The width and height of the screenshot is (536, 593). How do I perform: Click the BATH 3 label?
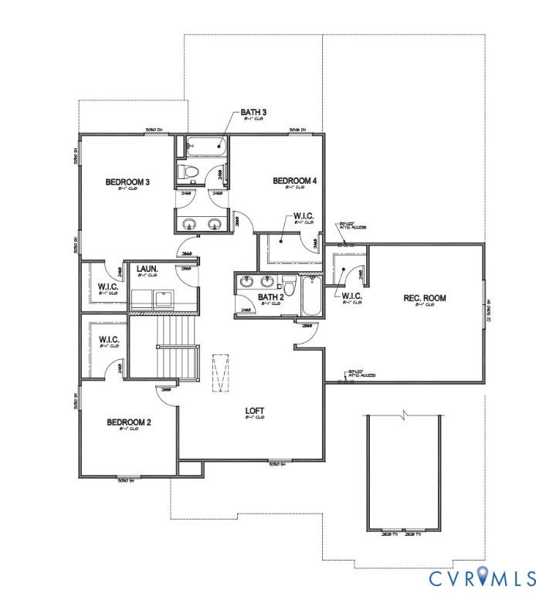(254, 114)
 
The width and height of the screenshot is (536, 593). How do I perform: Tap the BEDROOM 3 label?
(127, 183)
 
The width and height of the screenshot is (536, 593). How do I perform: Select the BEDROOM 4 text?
(294, 181)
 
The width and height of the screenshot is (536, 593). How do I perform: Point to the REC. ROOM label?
(425, 298)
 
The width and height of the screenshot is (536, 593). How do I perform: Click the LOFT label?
(256, 411)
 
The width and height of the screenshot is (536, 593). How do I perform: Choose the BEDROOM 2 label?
(128, 422)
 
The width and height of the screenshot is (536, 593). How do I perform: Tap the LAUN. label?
(147, 269)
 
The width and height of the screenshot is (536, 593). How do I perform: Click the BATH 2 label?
(271, 297)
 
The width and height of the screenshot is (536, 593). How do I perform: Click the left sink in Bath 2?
(246, 282)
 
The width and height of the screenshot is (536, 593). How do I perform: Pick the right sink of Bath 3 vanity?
(215, 225)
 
